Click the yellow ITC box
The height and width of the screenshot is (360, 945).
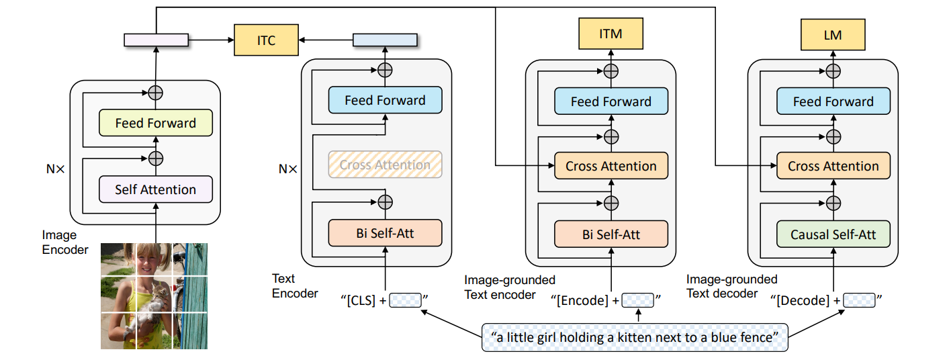(x=266, y=40)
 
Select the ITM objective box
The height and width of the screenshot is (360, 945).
(x=611, y=34)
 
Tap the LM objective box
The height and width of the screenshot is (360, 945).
(x=833, y=35)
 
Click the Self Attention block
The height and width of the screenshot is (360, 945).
(x=156, y=189)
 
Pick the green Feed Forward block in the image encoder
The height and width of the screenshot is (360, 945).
(x=156, y=123)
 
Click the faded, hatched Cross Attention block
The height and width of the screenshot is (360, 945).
(x=385, y=165)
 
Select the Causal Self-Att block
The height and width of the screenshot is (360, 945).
(x=834, y=234)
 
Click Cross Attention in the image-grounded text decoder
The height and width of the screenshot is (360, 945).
(x=834, y=166)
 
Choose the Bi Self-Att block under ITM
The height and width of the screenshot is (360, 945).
(x=611, y=234)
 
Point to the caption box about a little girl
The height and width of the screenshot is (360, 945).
(x=635, y=337)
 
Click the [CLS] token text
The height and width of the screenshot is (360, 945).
(x=361, y=300)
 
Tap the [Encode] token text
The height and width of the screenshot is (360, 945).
(x=582, y=300)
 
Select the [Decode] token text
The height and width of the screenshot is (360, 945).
(x=803, y=300)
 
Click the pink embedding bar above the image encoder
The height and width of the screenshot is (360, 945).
(x=156, y=40)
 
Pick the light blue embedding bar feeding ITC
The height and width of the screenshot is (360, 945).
(x=385, y=40)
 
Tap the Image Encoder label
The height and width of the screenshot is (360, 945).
(x=65, y=242)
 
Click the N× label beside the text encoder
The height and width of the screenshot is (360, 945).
(x=287, y=169)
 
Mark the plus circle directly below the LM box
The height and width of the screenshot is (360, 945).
(x=833, y=71)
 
